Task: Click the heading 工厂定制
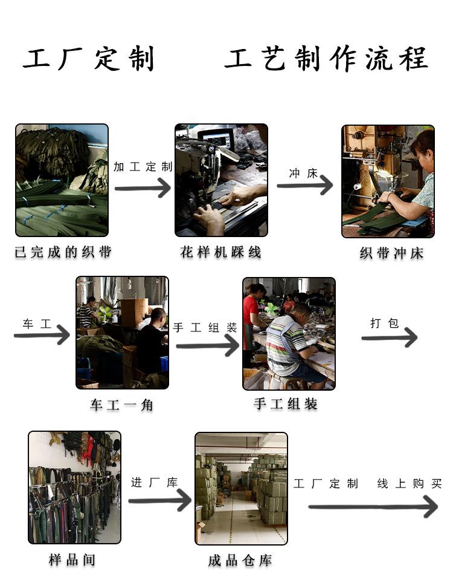pyautogui.click(x=89, y=59)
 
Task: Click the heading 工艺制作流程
pyautogui.click(x=326, y=59)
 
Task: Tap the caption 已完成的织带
pyautogui.click(x=63, y=252)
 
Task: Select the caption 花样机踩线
pyautogui.click(x=221, y=252)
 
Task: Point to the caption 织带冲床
pyautogui.click(x=391, y=253)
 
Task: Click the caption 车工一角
pyautogui.click(x=121, y=405)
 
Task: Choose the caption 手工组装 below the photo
pyautogui.click(x=286, y=403)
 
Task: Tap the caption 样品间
pyautogui.click(x=72, y=559)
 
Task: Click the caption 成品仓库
pyautogui.click(x=240, y=561)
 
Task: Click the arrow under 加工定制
pyautogui.click(x=143, y=188)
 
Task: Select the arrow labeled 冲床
pyautogui.click(x=305, y=185)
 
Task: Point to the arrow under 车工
pyautogui.click(x=42, y=335)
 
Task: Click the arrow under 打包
pyautogui.click(x=390, y=337)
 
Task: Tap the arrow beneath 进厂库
pyautogui.click(x=160, y=501)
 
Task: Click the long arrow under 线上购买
pyautogui.click(x=373, y=507)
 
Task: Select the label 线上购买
pyautogui.click(x=410, y=483)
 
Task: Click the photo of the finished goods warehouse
pyautogui.click(x=241, y=488)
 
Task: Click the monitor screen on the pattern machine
pyautogui.click(x=217, y=140)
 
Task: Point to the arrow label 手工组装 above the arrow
pyautogui.click(x=205, y=327)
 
